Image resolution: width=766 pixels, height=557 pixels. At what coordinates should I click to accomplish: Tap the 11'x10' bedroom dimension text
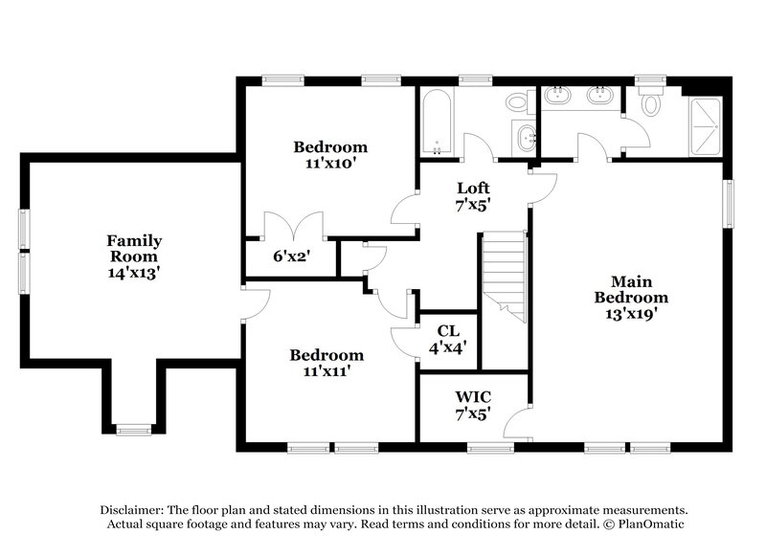click(x=330, y=164)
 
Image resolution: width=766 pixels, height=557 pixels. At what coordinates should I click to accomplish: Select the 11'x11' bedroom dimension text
click(x=327, y=371)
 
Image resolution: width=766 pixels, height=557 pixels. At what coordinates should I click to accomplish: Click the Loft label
click(x=473, y=188)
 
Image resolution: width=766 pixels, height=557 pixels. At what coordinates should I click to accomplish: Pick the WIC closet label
click(x=472, y=396)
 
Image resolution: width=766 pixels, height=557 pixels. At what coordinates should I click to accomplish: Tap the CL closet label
click(x=447, y=332)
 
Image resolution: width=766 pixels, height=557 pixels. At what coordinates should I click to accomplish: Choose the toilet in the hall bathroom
click(x=519, y=101)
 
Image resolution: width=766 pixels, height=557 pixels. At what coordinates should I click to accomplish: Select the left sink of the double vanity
click(x=558, y=98)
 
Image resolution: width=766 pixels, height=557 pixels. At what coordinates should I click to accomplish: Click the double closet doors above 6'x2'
click(x=291, y=226)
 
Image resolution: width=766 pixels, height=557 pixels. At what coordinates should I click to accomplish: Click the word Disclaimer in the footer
click(x=130, y=510)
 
